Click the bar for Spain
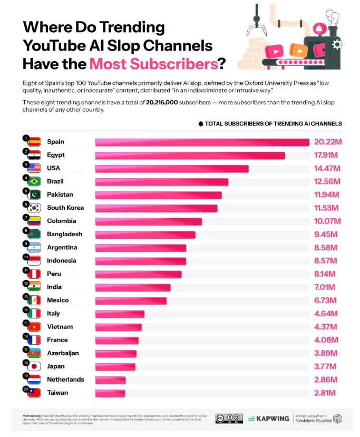(202, 142)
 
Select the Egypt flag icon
(34, 155)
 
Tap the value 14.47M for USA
(327, 168)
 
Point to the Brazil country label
(55, 181)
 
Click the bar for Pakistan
(158, 195)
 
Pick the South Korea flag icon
(34, 208)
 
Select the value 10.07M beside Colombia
(327, 221)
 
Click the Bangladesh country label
(64, 234)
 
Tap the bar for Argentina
(141, 247)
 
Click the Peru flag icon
(34, 274)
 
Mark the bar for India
(133, 287)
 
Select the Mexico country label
(58, 300)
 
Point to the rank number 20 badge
(25, 389)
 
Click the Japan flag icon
(34, 366)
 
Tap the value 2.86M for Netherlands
(327, 380)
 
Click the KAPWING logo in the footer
(269, 418)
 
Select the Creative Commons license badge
(229, 418)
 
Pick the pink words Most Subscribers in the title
(153, 64)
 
